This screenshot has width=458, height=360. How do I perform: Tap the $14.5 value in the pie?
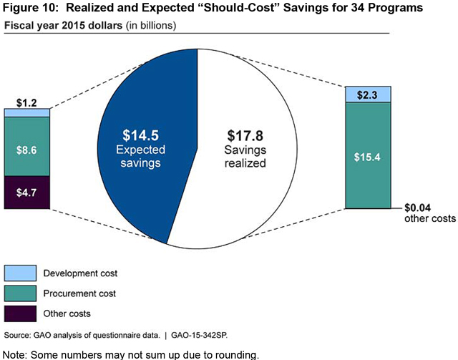pos(147,135)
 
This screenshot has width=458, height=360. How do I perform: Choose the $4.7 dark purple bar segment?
pos(27,192)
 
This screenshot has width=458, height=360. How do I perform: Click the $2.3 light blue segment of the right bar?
pos(369,94)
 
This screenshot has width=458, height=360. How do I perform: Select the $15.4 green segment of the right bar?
pos(369,155)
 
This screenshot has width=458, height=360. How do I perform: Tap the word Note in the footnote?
pos(16,353)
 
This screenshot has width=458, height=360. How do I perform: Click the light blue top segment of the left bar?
pos(27,112)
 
